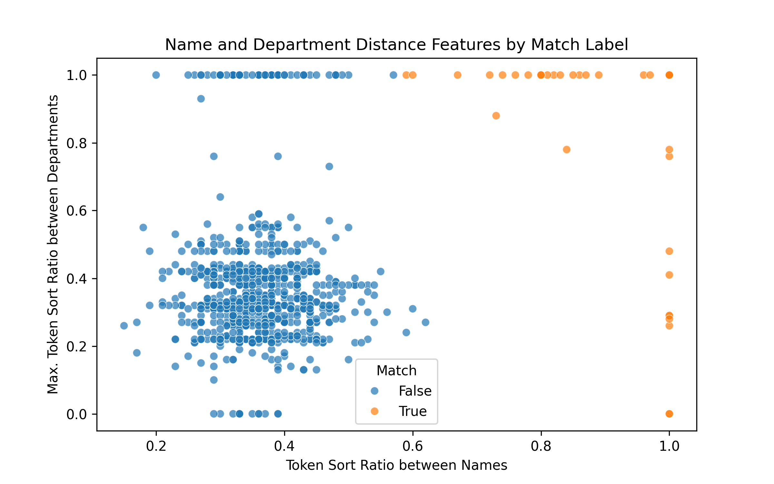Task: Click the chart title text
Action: [396, 45]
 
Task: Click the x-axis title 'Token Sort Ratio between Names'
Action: [396, 465]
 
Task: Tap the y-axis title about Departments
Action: [53, 244]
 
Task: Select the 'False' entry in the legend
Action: [415, 391]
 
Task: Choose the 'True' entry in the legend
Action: [412, 411]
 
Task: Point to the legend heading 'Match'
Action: [396, 371]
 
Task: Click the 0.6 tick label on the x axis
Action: [412, 446]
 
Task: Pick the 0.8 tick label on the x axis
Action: [541, 446]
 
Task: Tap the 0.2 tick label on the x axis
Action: [156, 446]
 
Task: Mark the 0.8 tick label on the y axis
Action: [76, 143]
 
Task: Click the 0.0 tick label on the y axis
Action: [76, 414]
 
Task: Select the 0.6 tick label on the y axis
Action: [76, 211]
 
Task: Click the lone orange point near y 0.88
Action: [496, 116]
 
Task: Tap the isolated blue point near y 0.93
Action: [201, 99]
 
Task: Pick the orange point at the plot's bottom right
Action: [669, 414]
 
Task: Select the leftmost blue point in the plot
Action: [124, 326]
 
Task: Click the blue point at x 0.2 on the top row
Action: [156, 75]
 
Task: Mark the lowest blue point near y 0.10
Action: [214, 380]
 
